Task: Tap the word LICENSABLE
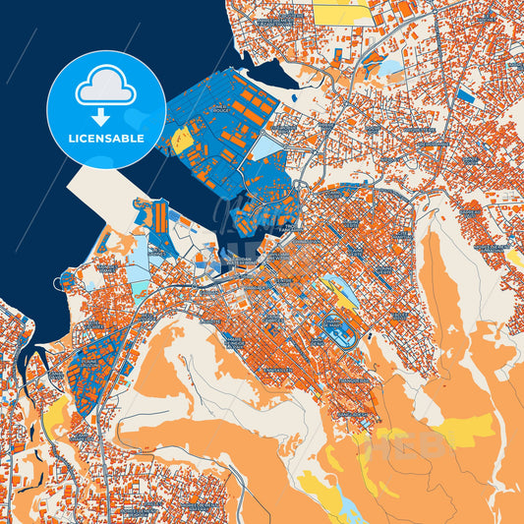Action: pos(106,138)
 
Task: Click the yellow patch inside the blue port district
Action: pos(182,142)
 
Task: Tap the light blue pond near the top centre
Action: pos(391,68)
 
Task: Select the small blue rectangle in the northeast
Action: pos(465,95)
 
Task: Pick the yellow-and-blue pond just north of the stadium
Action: pos(335,289)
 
